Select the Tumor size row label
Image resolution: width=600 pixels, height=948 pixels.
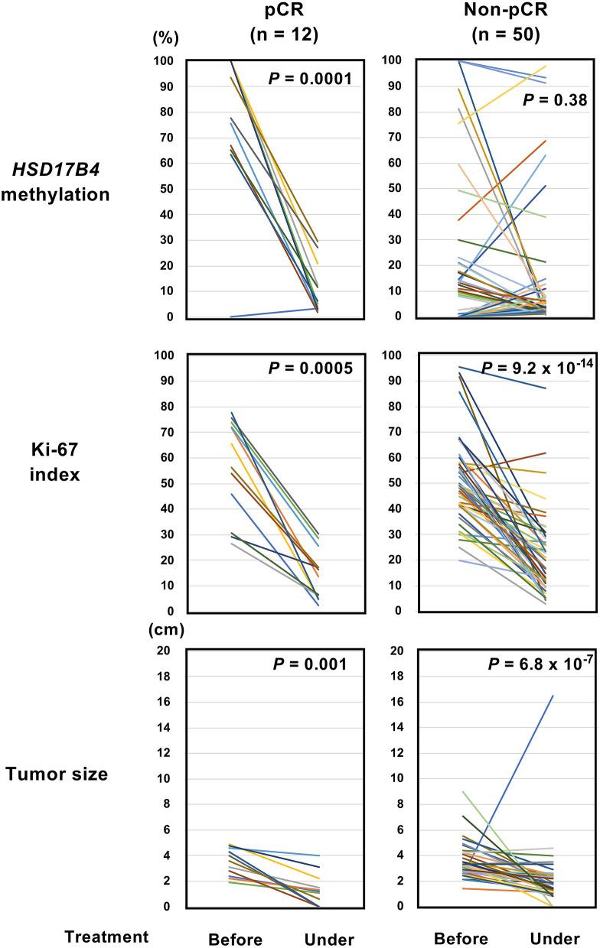coord(57,774)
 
